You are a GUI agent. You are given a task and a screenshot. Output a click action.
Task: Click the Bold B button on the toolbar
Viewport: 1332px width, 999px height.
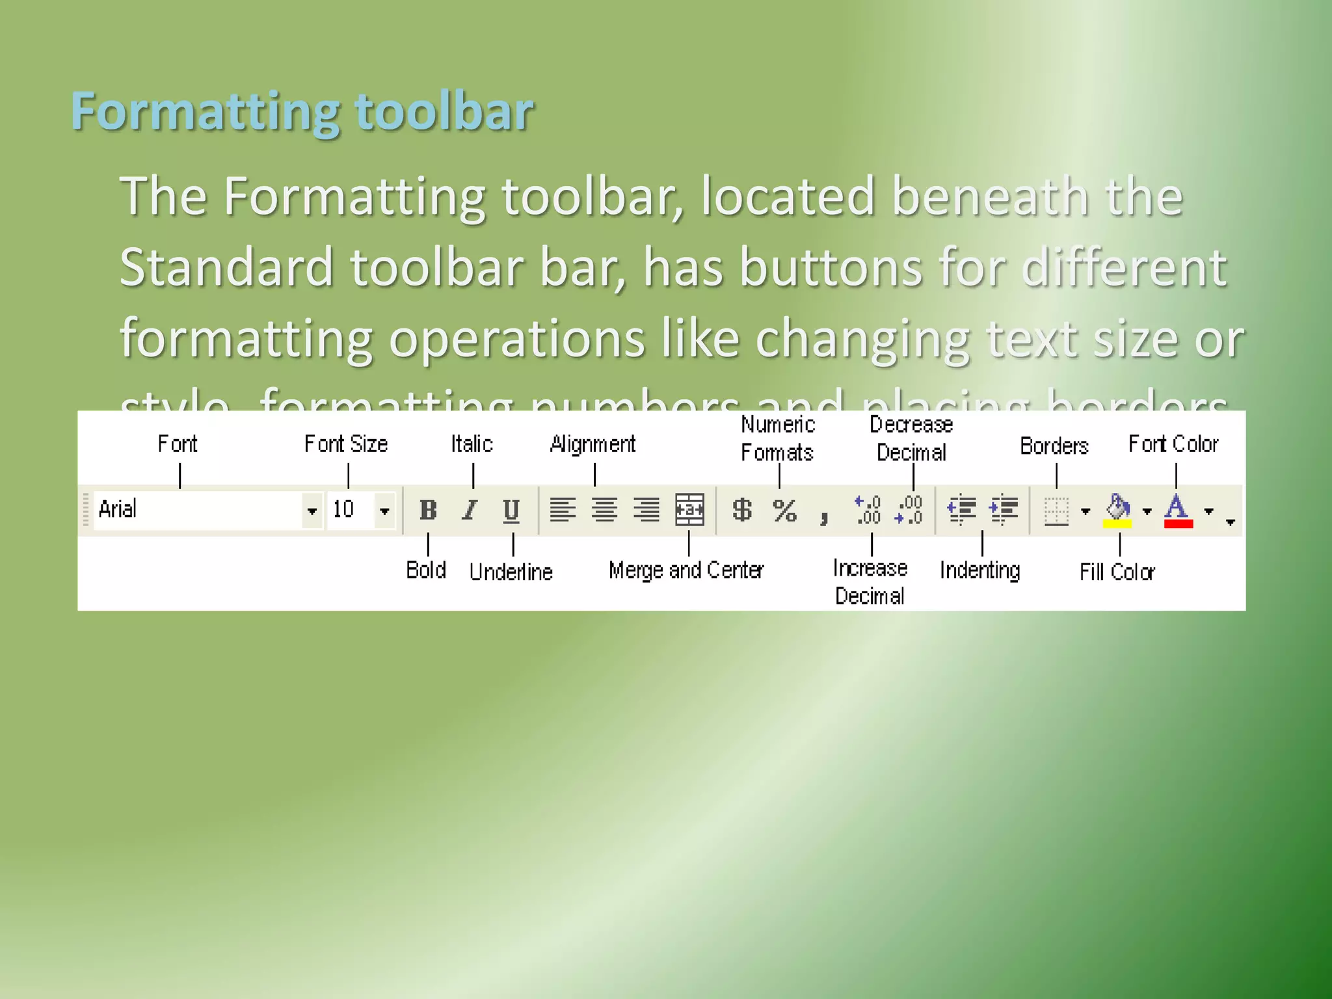pyautogui.click(x=428, y=510)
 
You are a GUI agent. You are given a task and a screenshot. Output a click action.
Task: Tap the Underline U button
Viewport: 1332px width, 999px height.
pyautogui.click(x=511, y=511)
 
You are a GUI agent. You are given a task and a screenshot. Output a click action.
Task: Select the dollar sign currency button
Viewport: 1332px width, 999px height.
pyautogui.click(x=742, y=510)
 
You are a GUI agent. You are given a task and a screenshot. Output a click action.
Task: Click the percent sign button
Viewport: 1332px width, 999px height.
pyautogui.click(x=785, y=511)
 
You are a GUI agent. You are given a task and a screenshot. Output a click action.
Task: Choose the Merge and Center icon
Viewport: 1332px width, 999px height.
pyautogui.click(x=689, y=509)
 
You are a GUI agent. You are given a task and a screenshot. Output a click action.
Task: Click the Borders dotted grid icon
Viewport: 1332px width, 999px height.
pyautogui.click(x=1056, y=511)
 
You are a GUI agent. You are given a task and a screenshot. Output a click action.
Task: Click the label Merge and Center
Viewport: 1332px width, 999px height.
pyautogui.click(x=686, y=570)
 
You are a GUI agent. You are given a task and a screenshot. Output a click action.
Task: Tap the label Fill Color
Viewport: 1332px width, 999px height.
pyautogui.click(x=1117, y=572)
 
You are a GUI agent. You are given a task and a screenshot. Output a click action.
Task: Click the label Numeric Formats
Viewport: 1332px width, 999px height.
pyautogui.click(x=778, y=439)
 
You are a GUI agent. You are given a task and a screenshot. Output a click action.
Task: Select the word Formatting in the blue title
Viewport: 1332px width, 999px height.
pyautogui.click(x=205, y=112)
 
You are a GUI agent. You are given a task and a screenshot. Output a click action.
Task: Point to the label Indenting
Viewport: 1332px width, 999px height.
pyautogui.click(x=979, y=570)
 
